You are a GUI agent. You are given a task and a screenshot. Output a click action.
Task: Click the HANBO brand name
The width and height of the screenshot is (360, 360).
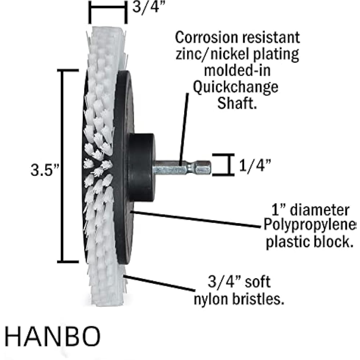pyautogui.click(x=53, y=337)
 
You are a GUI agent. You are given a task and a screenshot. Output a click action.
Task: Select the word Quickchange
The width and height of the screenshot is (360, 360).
pyautogui.click(x=236, y=87)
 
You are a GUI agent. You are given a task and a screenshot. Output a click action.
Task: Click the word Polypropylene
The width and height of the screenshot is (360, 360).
pyautogui.click(x=308, y=225)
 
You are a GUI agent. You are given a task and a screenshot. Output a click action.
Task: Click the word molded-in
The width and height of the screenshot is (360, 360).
pyautogui.click(x=237, y=71)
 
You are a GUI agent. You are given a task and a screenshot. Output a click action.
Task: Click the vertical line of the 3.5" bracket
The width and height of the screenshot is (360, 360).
pyautogui.click(x=63, y=166)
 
